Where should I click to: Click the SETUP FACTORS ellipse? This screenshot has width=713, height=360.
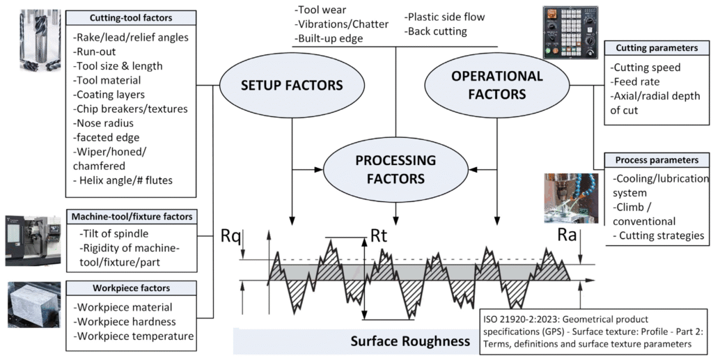pos(281,86)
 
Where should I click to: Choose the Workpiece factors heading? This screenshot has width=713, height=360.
pos(131,288)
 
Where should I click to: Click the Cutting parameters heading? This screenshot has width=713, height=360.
pos(657,49)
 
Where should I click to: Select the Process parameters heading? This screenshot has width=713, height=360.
pos(657,159)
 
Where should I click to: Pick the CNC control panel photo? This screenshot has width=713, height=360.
pos(570,32)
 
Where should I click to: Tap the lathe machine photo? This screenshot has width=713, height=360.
pos(33,240)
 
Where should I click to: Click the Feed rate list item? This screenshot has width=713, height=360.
pos(635,81)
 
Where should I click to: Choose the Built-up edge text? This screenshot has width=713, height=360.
pos(329,39)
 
